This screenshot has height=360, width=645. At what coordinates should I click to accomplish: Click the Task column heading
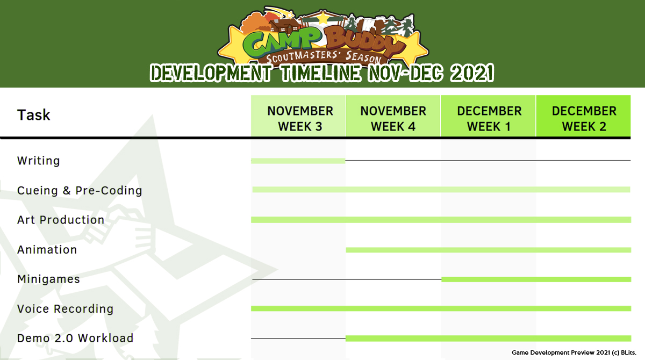tap(34, 115)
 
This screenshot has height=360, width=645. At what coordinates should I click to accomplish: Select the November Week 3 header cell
tap(298, 116)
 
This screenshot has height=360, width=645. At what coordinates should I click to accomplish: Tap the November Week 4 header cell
tap(393, 116)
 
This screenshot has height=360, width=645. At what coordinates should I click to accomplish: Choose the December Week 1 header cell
tap(489, 116)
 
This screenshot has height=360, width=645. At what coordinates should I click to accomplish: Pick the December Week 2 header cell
tap(583, 116)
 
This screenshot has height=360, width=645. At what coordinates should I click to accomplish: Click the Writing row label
tap(39, 161)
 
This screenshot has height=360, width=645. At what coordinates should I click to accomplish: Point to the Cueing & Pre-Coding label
tap(80, 191)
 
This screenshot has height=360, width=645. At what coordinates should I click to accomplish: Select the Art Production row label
tap(61, 220)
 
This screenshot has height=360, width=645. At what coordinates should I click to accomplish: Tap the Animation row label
tap(47, 249)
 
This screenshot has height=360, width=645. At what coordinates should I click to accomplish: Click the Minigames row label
tap(49, 279)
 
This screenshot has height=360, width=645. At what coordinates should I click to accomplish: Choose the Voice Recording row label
tap(66, 309)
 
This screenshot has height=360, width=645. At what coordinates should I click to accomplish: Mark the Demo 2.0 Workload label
tap(75, 338)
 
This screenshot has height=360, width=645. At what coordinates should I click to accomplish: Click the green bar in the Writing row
tap(298, 161)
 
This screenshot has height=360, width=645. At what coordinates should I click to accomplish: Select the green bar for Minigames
tap(536, 279)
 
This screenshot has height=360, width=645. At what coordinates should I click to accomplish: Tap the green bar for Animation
tap(489, 250)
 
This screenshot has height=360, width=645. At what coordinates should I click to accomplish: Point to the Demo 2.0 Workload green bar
tap(489, 339)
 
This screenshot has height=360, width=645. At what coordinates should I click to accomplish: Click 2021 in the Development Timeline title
tap(472, 73)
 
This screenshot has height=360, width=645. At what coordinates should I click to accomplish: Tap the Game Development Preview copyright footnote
tap(574, 352)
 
